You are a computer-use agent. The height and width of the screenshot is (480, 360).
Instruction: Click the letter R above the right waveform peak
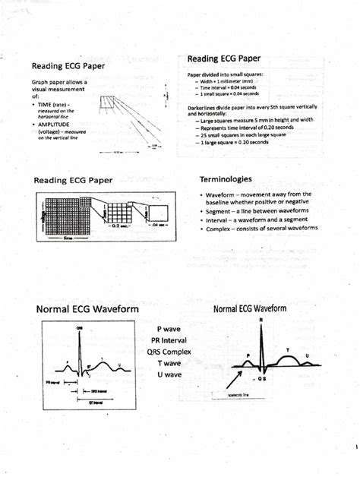[261, 321]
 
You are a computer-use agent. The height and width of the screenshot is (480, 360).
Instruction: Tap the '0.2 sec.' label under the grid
[122, 226]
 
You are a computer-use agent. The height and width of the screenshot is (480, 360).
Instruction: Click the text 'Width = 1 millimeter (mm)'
[231, 81]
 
